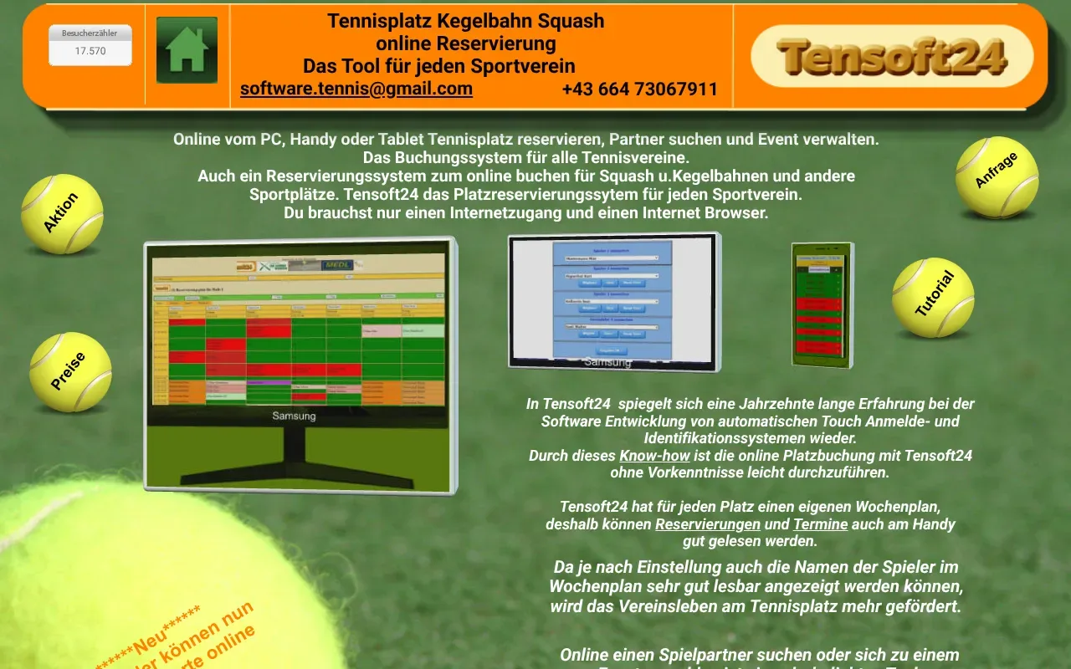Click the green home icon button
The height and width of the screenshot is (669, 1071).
(187, 50)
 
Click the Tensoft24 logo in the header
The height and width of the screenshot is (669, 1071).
(892, 56)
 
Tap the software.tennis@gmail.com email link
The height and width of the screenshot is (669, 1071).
(356, 89)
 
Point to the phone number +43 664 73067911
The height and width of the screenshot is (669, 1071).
(640, 89)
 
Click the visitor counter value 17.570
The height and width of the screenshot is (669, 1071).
(90, 51)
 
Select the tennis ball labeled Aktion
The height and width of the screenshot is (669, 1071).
(62, 214)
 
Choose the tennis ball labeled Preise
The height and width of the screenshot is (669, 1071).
(70, 372)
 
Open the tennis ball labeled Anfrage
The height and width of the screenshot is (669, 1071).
(997, 176)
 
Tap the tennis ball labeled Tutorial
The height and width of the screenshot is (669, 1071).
(933, 297)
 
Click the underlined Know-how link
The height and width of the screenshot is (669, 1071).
(654, 456)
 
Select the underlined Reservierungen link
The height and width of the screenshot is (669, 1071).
(708, 524)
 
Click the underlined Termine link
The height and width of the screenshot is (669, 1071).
(820, 524)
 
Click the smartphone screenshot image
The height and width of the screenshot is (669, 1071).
(822, 305)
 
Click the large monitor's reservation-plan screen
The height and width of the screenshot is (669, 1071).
(298, 330)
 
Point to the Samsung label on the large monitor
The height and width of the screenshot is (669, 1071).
(295, 416)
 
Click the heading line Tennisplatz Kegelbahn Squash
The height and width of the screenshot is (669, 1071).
(465, 21)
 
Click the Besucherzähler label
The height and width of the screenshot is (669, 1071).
(90, 33)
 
